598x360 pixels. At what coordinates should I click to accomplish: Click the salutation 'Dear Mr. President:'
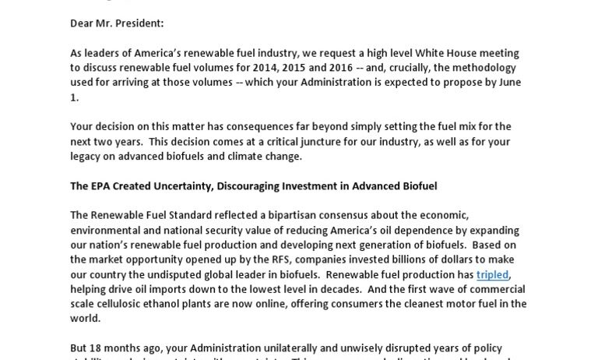[117, 23]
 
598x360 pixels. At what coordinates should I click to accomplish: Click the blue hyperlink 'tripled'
[492, 275]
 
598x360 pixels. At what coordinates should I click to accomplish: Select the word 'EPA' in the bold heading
[100, 186]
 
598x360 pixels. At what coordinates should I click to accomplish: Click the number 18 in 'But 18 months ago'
[96, 348]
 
